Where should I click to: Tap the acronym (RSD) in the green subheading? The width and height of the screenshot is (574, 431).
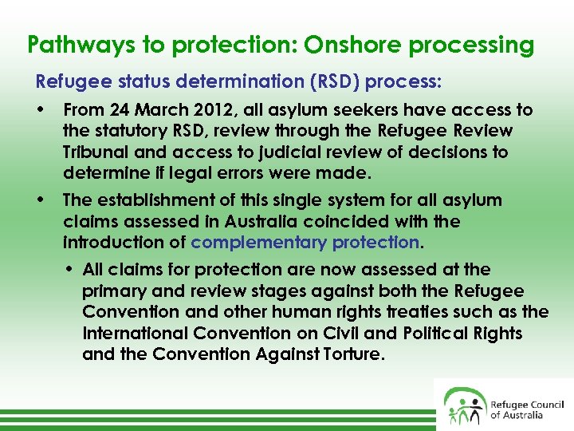[x=314, y=82]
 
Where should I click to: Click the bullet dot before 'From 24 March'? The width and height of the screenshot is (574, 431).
[x=40, y=110]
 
